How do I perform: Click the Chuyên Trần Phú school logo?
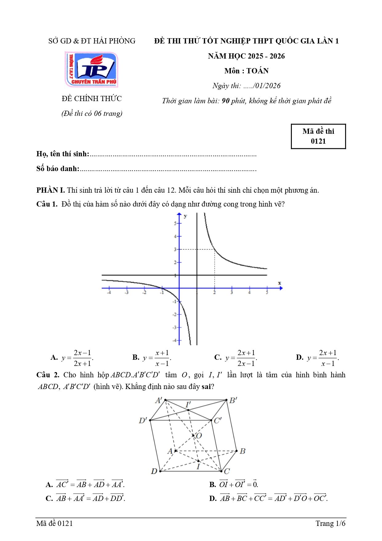[x=91, y=70]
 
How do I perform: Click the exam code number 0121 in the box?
[x=318, y=141]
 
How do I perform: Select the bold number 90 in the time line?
[x=226, y=101]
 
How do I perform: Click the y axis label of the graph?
[x=185, y=216]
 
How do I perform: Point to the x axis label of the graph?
[x=279, y=283]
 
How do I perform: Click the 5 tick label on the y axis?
[x=175, y=223]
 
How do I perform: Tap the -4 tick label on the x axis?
[x=109, y=292]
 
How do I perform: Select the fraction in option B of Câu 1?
[x=162, y=358]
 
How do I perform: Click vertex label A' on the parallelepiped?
[x=159, y=400]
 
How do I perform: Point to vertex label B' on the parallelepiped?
[x=233, y=400]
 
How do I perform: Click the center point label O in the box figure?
[x=199, y=436]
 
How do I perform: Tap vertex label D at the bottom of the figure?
[x=154, y=471]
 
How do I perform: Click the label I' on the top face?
[x=188, y=404]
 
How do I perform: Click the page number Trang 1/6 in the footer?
[x=330, y=523]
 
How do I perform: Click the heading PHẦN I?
[x=50, y=190]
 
